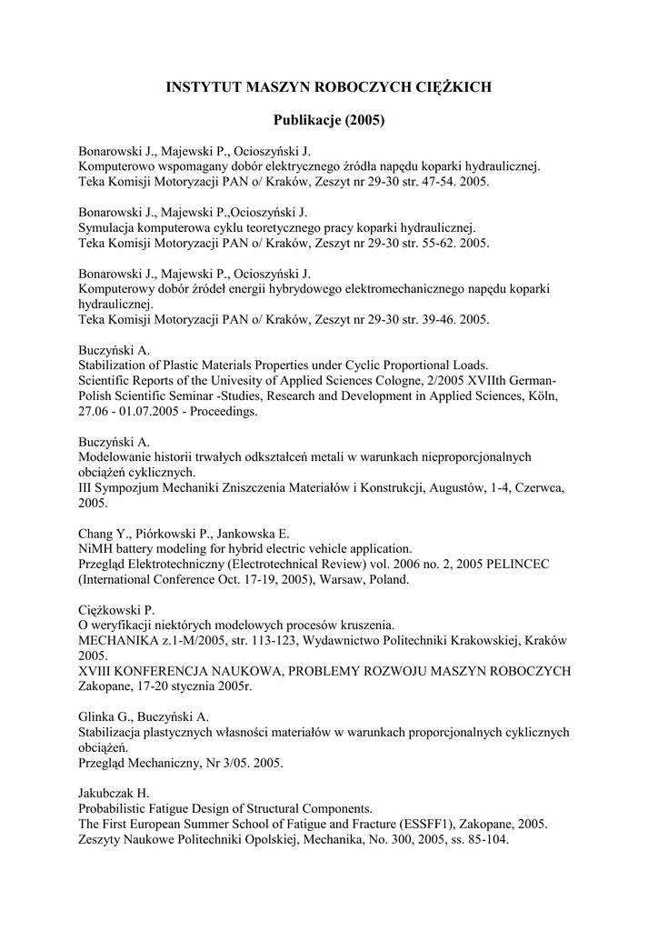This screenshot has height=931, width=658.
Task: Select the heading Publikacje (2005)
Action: click(x=329, y=120)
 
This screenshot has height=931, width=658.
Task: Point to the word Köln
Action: click(x=545, y=396)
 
